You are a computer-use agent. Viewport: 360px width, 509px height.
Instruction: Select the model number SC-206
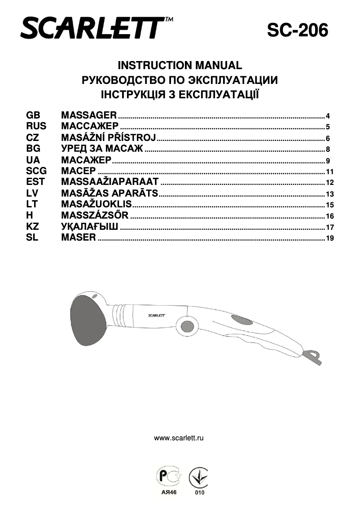tap(298, 31)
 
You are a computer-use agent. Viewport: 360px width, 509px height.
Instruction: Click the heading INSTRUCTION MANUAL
tap(180, 65)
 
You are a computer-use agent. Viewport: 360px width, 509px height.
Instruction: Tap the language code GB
tap(34, 115)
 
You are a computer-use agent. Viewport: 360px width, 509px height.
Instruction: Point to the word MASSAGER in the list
tap(89, 115)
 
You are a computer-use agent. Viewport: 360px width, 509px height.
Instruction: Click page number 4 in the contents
tap(328, 116)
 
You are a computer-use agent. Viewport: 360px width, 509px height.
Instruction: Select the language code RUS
tap(36, 126)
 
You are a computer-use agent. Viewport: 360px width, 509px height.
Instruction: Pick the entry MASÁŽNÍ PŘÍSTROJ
tap(108, 137)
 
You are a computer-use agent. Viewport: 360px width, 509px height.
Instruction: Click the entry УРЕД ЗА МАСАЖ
tap(102, 149)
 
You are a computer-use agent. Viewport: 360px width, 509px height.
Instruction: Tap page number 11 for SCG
tap(330, 172)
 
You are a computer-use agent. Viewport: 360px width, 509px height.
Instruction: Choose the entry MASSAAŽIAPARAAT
tap(110, 182)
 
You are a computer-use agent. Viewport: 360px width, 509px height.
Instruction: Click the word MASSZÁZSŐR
tap(95, 215)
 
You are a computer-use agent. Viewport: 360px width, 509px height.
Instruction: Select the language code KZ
tap(33, 227)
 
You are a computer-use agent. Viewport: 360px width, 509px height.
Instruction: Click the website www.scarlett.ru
tap(179, 438)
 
